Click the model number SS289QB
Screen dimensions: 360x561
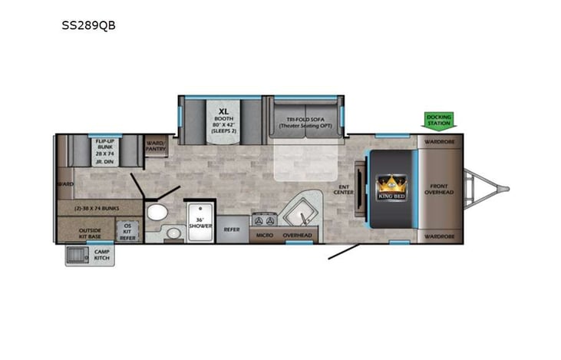point(88,25)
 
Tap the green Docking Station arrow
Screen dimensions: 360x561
point(440,121)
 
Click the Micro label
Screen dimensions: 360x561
point(265,235)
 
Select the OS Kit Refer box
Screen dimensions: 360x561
point(127,231)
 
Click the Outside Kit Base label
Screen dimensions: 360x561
point(86,232)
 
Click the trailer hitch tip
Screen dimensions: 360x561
point(506,188)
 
